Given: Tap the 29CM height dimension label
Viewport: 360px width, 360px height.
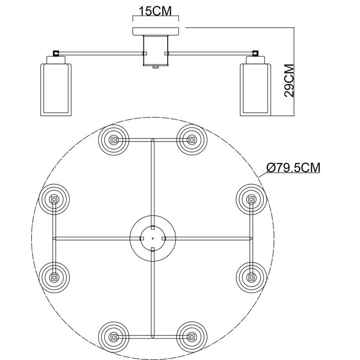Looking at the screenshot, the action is tap(289, 81).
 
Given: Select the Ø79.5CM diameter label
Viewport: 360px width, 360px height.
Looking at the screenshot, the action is tap(293, 168).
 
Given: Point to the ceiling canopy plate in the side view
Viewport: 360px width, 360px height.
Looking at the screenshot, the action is tap(156, 31).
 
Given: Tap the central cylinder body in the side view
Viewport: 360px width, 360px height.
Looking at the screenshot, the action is tap(156, 50).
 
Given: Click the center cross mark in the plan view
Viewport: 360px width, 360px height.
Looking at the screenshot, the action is tap(153, 239).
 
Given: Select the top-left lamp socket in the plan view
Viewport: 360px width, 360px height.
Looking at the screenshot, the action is tap(113, 139).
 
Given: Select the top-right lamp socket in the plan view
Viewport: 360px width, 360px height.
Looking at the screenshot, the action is tap(192, 139).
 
